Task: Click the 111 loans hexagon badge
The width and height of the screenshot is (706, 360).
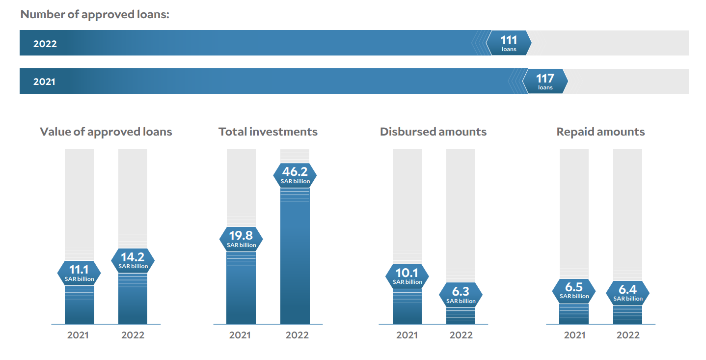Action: [x=509, y=43]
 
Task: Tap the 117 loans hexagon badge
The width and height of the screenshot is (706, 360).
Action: [x=545, y=81]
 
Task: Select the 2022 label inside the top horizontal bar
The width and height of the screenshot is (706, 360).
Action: [x=45, y=44]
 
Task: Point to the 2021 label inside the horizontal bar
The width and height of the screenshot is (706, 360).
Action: [x=45, y=82]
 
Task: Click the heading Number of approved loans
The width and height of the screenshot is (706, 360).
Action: [x=95, y=15]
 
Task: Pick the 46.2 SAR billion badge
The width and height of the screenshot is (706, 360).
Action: [x=295, y=175]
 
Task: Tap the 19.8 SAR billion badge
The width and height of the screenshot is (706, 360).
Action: [x=241, y=239]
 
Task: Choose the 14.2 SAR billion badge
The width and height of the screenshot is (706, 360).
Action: [x=133, y=261]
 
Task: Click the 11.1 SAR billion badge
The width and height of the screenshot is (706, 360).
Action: [x=79, y=273]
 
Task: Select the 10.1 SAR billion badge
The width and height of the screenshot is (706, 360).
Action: [x=407, y=277]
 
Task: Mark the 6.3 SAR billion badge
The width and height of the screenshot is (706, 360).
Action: [x=461, y=295]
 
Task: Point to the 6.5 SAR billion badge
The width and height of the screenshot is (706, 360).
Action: [x=574, y=291]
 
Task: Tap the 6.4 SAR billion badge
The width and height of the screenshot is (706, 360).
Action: [x=628, y=293]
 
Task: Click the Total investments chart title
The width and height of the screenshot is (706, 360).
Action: [x=268, y=132]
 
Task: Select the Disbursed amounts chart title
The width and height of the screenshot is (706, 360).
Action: [x=434, y=132]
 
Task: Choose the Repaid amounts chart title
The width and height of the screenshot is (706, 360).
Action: [x=601, y=132]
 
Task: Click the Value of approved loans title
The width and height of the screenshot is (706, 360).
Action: [x=106, y=132]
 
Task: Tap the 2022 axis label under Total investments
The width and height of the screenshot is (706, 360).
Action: [x=297, y=335]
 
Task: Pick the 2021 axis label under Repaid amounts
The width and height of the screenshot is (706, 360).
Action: [x=574, y=335]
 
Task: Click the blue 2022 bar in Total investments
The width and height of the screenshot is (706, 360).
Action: [x=295, y=256]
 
